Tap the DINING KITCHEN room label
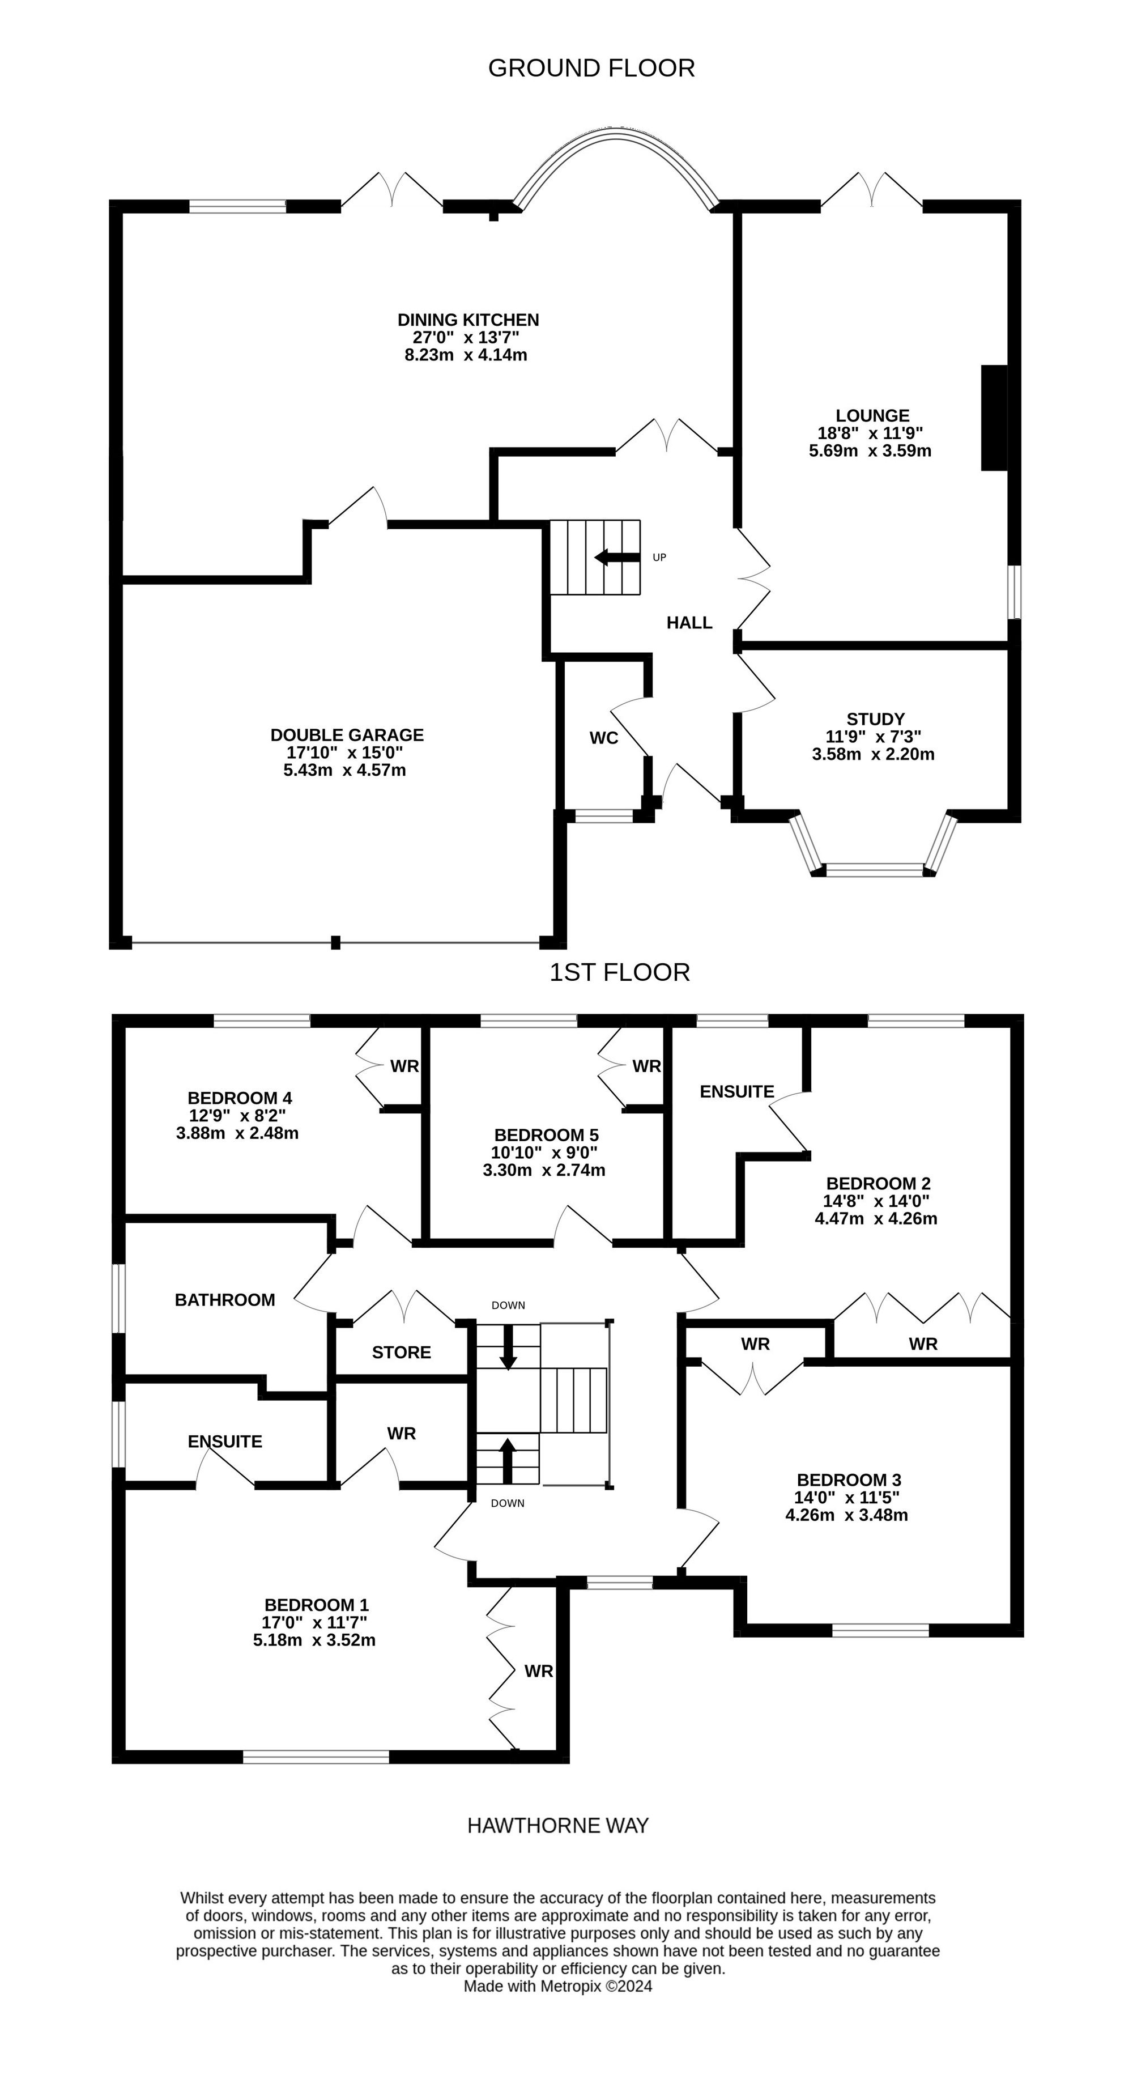[468, 320]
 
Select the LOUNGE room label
[872, 416]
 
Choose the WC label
[603, 738]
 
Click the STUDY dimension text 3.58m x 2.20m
[873, 754]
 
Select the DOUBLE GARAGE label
[347, 735]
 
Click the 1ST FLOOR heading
[620, 972]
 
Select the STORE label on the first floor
[401, 1353]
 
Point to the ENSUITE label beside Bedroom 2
[737, 1092]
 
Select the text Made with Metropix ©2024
[558, 1986]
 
